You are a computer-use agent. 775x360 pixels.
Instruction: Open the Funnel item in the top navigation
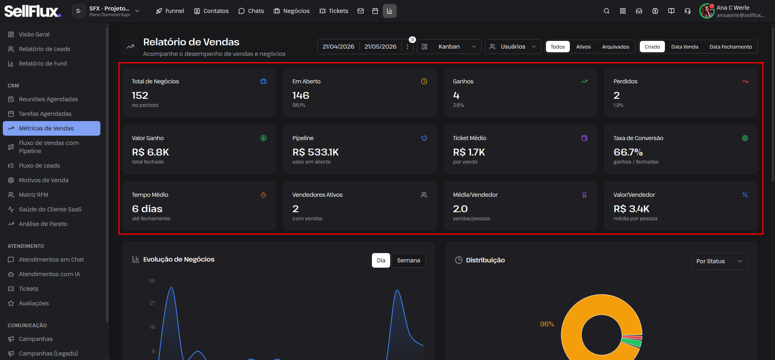(x=170, y=11)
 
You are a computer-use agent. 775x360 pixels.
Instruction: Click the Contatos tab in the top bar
(x=211, y=11)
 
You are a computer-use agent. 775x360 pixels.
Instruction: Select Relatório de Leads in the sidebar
(x=45, y=49)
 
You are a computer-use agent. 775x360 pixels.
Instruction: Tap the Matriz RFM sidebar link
(x=34, y=195)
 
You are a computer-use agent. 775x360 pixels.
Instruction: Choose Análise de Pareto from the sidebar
(x=43, y=224)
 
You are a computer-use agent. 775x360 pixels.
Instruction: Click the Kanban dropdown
(x=449, y=47)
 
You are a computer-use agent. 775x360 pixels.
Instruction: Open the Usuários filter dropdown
(x=513, y=47)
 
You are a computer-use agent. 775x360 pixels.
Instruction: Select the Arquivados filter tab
(x=616, y=47)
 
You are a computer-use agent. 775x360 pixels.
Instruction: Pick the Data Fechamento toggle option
(x=730, y=47)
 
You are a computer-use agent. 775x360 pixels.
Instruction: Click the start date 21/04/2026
(x=338, y=47)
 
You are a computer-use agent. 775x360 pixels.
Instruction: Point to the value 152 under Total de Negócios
(x=140, y=96)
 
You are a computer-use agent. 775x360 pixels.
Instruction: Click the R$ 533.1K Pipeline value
(x=316, y=152)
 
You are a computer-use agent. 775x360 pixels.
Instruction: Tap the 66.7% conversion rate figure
(x=628, y=152)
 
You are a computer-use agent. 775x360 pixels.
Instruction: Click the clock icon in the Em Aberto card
(x=424, y=81)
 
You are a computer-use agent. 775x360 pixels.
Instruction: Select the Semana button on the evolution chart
(x=408, y=260)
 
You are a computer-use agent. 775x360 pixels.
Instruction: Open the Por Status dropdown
(x=720, y=261)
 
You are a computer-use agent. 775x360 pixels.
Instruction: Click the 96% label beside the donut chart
(x=547, y=324)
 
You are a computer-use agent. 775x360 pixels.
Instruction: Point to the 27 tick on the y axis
(x=152, y=303)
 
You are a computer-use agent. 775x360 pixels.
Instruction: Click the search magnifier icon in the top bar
(x=607, y=11)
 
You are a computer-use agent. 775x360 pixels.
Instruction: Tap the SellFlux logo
(x=33, y=11)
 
